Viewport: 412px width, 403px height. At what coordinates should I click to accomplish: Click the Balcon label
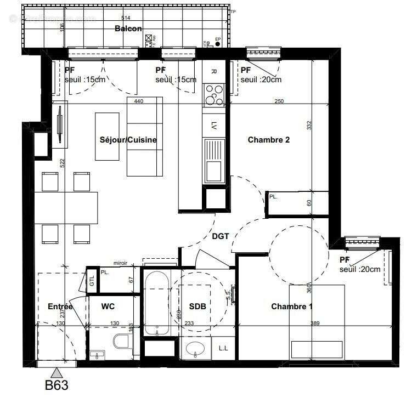coord(128,29)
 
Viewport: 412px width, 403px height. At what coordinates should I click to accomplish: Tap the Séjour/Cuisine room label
coord(128,140)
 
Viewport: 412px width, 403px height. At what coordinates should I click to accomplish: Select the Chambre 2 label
coord(269,140)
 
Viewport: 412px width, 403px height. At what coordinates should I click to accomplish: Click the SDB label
coord(197,306)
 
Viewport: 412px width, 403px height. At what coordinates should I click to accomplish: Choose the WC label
coord(108,306)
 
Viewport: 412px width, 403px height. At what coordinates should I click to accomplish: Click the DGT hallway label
coord(220,236)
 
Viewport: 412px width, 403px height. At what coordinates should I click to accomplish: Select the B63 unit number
coord(57,385)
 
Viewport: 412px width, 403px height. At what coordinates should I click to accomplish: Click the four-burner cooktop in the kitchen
coord(213,95)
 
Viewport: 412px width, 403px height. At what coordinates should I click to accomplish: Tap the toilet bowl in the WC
coord(121,343)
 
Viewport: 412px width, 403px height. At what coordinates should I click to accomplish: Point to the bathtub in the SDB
coord(156,303)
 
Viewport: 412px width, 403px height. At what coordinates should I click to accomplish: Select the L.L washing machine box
coord(224,348)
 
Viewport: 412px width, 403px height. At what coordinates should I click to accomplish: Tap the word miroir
coord(120,263)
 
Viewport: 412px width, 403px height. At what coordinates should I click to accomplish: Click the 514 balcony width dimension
coord(126,18)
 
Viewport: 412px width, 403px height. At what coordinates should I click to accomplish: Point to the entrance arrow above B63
coord(57,372)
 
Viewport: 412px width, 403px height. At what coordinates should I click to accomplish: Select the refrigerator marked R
coord(213,71)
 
